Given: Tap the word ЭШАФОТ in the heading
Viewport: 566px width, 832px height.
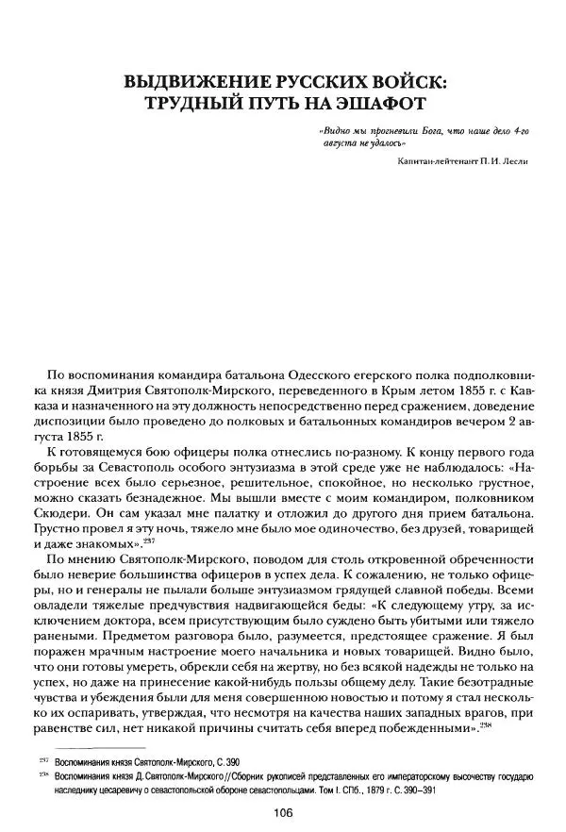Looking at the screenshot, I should (365, 101).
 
